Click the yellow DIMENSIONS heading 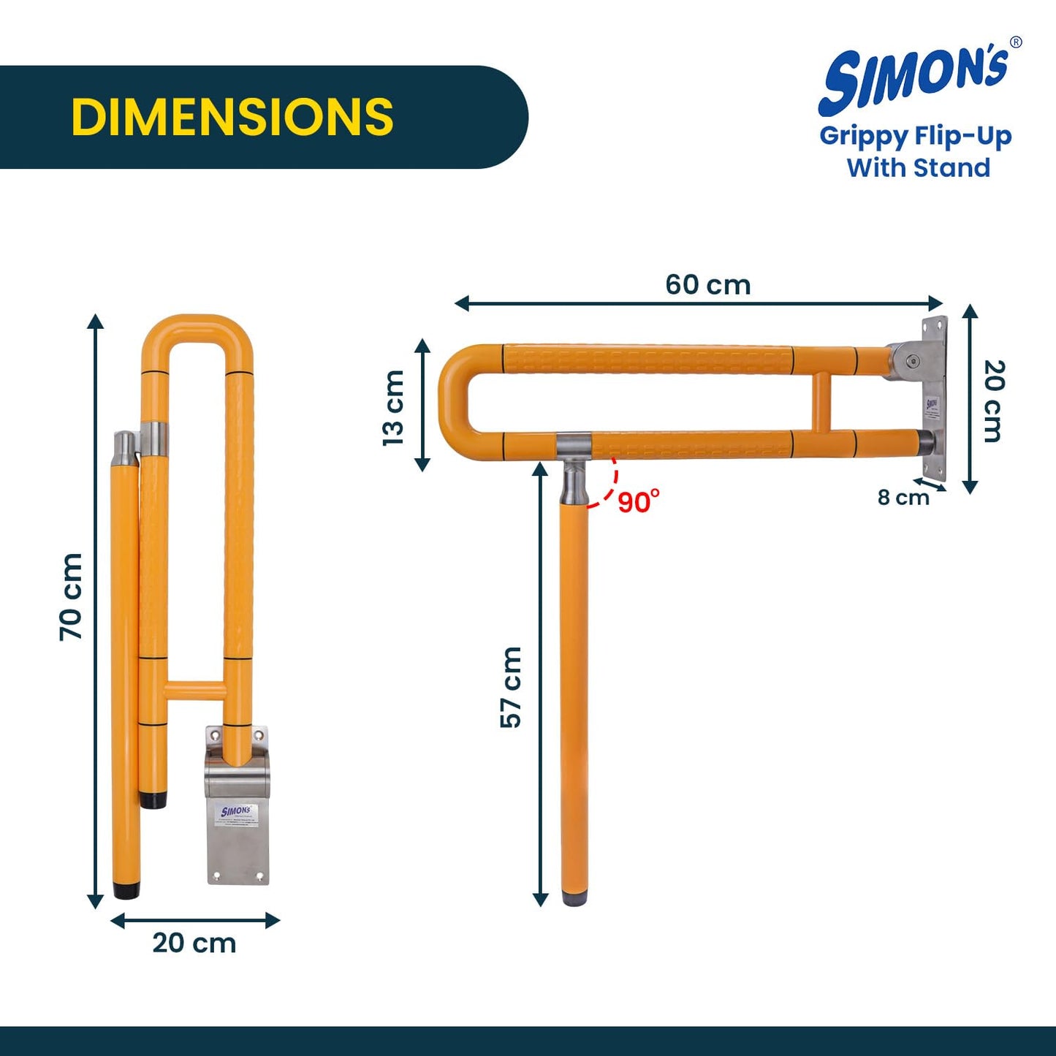[232, 117]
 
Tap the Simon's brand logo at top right [916, 80]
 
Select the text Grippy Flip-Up [916, 136]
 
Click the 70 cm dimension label [71, 597]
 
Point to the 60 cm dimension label [707, 284]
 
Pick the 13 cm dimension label [393, 407]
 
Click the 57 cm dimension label [511, 687]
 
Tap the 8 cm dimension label [903, 498]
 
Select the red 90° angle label [638, 502]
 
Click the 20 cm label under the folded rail [194, 943]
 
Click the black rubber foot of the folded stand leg [126, 890]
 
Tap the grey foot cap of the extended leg [574, 897]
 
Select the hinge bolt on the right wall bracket [912, 360]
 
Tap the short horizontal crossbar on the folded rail [195, 690]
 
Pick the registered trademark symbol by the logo [1015, 42]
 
